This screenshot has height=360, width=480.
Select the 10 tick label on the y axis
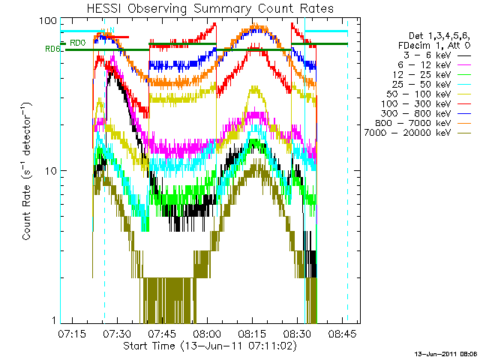[x=50, y=171]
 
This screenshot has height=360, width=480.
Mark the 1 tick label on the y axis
[x=53, y=320]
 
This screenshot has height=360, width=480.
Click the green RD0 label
[x=77, y=43]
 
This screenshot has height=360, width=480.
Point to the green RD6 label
[x=52, y=49]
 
